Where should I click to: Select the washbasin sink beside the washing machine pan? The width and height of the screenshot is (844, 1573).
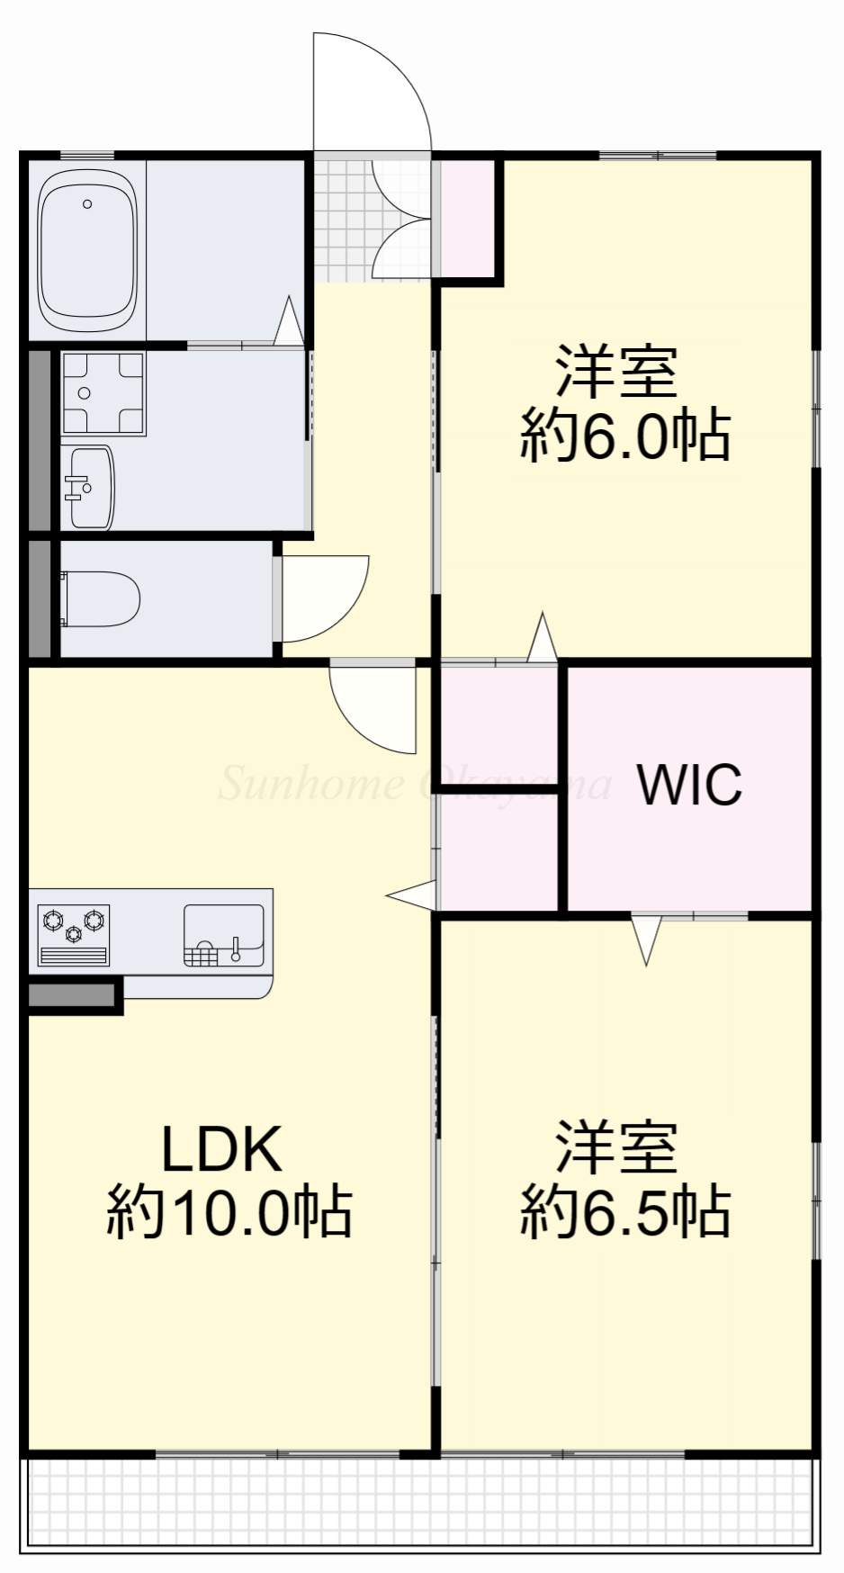click(x=90, y=488)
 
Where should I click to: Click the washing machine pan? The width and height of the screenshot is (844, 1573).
click(x=103, y=393)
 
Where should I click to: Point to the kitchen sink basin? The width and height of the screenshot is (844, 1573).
click(x=224, y=935)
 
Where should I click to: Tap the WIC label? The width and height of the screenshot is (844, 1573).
click(x=689, y=785)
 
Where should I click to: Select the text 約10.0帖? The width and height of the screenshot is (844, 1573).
click(x=229, y=1212)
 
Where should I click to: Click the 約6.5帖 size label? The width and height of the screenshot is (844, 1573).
click(x=624, y=1212)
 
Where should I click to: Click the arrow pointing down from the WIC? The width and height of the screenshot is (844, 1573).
click(x=646, y=939)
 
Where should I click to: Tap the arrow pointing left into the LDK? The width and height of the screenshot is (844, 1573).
click(x=412, y=895)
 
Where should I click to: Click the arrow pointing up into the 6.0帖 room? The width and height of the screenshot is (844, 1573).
click(x=542, y=639)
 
